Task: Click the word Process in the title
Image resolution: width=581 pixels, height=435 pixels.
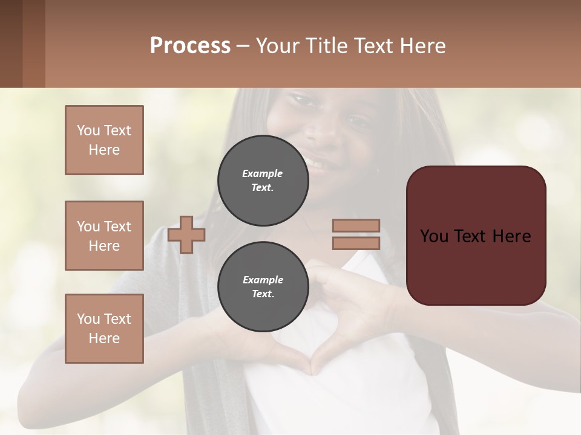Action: (x=190, y=46)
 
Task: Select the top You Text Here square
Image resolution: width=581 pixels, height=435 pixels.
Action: (x=104, y=140)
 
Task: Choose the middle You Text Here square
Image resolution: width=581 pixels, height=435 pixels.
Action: (x=104, y=236)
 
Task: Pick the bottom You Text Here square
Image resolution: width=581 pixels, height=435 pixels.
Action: (x=104, y=329)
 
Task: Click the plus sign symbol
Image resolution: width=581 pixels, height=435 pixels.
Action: (x=186, y=234)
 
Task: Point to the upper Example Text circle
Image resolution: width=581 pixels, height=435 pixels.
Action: (x=263, y=181)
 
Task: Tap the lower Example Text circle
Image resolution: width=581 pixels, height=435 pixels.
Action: (x=263, y=287)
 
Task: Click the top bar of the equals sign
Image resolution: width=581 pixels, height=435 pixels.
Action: (x=356, y=225)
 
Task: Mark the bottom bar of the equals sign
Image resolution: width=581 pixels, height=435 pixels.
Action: (x=356, y=243)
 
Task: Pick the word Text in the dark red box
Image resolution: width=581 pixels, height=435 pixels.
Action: (x=475, y=236)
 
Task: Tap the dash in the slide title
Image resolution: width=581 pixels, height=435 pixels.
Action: (x=243, y=47)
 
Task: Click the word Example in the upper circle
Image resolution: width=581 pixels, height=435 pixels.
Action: (x=263, y=173)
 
